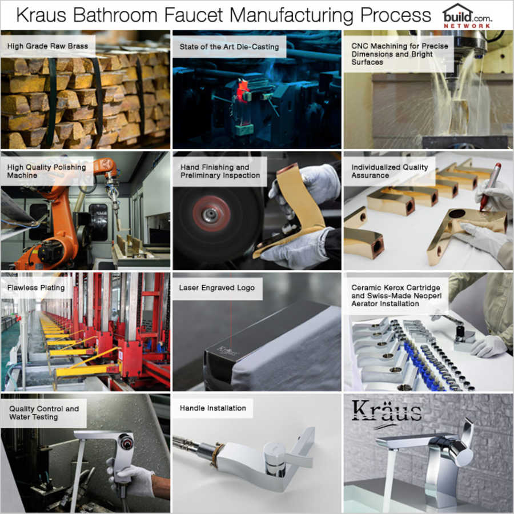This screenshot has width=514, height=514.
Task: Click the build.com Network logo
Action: (467, 16)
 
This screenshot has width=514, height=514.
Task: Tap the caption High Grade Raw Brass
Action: (47, 45)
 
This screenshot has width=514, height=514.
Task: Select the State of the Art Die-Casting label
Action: (229, 46)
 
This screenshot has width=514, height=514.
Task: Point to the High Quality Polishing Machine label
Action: (47, 171)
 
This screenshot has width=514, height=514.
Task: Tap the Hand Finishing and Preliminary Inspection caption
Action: (220, 171)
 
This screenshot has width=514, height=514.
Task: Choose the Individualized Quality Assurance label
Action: (389, 171)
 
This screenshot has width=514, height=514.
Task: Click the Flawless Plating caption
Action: (36, 288)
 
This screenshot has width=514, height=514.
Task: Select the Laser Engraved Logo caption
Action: (217, 288)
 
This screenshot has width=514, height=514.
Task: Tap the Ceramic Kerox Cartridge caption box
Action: (396, 295)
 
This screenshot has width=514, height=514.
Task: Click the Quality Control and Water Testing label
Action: (44, 412)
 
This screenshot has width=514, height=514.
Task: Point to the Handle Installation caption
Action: (213, 408)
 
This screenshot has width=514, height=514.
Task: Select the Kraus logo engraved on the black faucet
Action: (227, 348)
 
